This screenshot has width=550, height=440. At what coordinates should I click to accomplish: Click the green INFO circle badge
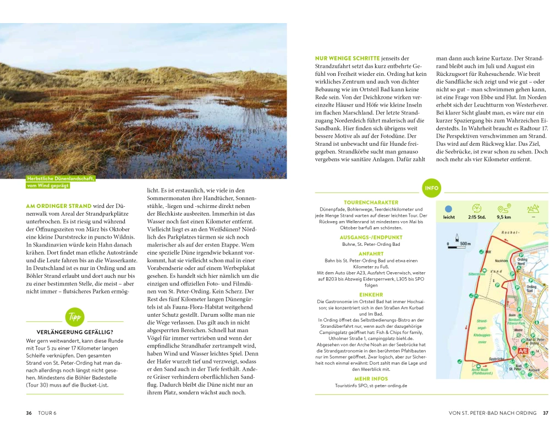(432, 188)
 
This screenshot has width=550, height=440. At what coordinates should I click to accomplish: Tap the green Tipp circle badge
(74, 317)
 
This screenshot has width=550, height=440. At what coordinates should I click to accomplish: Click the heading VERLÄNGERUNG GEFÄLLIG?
(75, 332)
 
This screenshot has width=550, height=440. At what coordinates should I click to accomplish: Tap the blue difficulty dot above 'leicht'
(448, 209)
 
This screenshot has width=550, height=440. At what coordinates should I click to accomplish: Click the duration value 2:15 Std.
(476, 217)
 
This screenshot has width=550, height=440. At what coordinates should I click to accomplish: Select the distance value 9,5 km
(504, 217)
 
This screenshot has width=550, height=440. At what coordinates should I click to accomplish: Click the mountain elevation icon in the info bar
(532, 208)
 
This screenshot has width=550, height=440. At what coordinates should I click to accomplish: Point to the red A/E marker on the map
(523, 350)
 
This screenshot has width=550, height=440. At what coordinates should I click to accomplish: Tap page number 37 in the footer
(545, 413)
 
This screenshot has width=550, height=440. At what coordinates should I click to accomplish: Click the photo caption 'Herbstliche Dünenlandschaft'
(61, 178)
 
